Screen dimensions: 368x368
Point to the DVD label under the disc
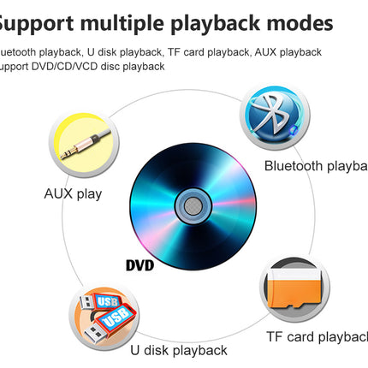coord(139,265)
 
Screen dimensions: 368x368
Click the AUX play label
coord(73,193)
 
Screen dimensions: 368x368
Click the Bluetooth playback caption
coord(315,166)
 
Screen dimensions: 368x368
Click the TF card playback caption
coord(317,336)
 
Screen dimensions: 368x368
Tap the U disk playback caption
coord(179,350)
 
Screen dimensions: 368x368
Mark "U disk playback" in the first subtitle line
coord(121,52)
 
